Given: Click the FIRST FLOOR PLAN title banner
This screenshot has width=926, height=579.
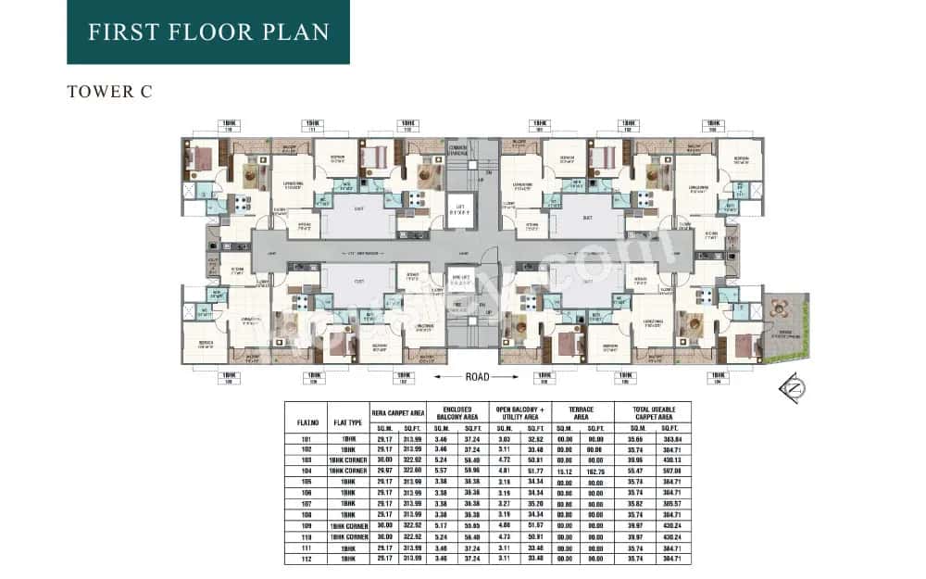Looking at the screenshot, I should click(x=208, y=32).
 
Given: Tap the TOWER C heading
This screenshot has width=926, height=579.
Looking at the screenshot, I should click(x=109, y=92).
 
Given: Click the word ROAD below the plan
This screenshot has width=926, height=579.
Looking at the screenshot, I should click(x=477, y=377).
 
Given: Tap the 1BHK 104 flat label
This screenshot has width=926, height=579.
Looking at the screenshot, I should click(x=717, y=377).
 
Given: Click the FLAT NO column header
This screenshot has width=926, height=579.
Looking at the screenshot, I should click(x=307, y=422).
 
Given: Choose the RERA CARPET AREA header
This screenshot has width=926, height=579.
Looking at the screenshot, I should click(x=398, y=412).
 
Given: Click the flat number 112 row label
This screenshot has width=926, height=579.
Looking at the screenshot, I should click(x=307, y=560).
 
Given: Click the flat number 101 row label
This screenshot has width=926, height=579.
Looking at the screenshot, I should click(x=307, y=438).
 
